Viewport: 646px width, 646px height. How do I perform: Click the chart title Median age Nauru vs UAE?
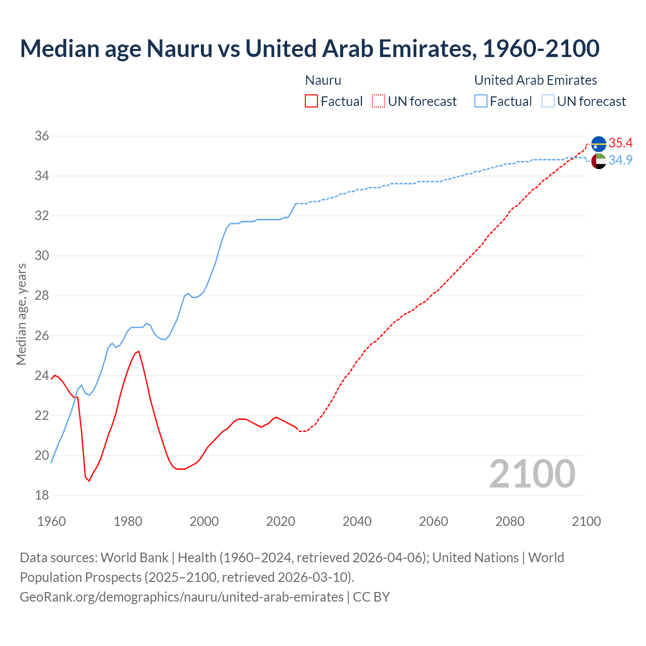pyautogui.click(x=309, y=48)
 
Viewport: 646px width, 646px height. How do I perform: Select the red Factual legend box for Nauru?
pyautogui.click(x=311, y=101)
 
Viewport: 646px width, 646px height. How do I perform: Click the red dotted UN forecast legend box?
pyautogui.click(x=379, y=101)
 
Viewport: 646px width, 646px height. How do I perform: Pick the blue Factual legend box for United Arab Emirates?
pyautogui.click(x=481, y=101)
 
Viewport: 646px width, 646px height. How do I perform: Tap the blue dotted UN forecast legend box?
pyautogui.click(x=548, y=101)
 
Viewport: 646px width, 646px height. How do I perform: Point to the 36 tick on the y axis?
pyautogui.click(x=42, y=136)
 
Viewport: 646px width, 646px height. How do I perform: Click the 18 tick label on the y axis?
pyautogui.click(x=42, y=496)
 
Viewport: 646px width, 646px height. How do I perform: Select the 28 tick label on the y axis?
pyautogui.click(x=42, y=296)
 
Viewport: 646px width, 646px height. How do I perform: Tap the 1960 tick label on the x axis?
pyautogui.click(x=51, y=521)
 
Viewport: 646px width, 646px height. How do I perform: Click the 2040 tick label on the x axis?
pyautogui.click(x=357, y=521)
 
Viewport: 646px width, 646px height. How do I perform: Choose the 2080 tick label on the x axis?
pyautogui.click(x=510, y=521)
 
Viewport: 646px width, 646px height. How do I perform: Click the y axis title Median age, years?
pyautogui.click(x=21, y=314)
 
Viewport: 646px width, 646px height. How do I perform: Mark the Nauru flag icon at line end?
pyautogui.click(x=599, y=144)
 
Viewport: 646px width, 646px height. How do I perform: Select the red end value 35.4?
pyautogui.click(x=620, y=143)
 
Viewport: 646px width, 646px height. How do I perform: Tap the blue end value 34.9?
pyautogui.click(x=620, y=160)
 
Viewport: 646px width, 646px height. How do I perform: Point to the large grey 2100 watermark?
pyautogui.click(x=532, y=474)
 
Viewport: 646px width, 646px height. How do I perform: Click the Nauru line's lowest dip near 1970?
pyautogui.click(x=89, y=481)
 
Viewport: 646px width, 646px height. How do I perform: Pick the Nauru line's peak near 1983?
pyautogui.click(x=138, y=351)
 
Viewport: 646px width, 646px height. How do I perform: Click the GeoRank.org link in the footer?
pyautogui.click(x=182, y=597)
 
